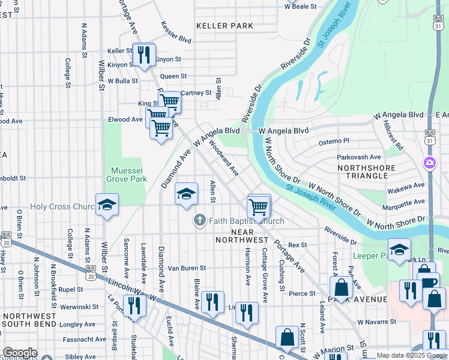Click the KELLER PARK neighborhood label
(225, 26)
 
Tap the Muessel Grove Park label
(127, 175)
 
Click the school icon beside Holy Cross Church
(107, 205)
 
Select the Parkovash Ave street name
(359, 157)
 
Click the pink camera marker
(430, 163)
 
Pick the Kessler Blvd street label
(176, 32)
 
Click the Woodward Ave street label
(224, 158)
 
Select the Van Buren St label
(187, 268)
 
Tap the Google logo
(20, 353)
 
